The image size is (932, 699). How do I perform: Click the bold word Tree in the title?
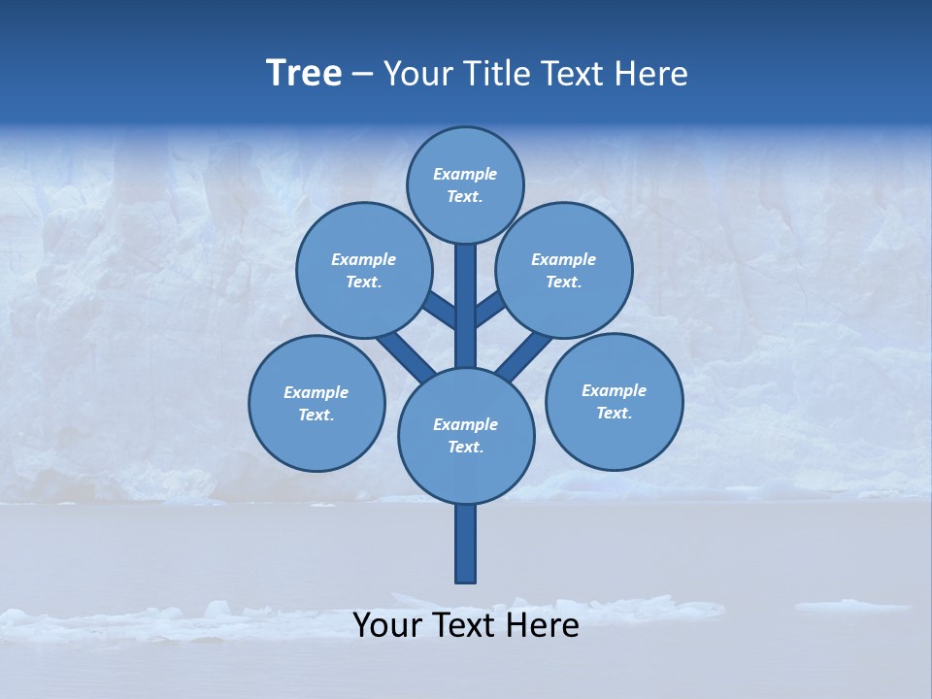coord(304,74)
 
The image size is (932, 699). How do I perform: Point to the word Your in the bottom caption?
coord(387,625)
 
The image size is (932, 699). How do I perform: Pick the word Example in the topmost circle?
coord(465,175)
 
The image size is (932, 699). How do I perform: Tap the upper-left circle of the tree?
coord(363,270)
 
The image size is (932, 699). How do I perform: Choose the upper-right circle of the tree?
coord(564,270)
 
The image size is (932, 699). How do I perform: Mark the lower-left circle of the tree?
coord(316,403)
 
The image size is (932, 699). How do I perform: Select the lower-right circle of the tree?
coord(614,401)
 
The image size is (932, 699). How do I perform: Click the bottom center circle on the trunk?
coord(466,435)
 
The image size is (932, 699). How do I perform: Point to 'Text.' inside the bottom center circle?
coord(466,447)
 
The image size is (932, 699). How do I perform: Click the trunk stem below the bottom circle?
coord(466,544)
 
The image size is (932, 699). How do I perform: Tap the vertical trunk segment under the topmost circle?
coord(466,301)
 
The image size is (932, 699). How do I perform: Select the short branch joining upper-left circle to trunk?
coord(439,309)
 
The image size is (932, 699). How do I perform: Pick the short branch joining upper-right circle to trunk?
coord(491,310)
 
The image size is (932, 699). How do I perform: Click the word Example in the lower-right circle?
coord(614,390)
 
